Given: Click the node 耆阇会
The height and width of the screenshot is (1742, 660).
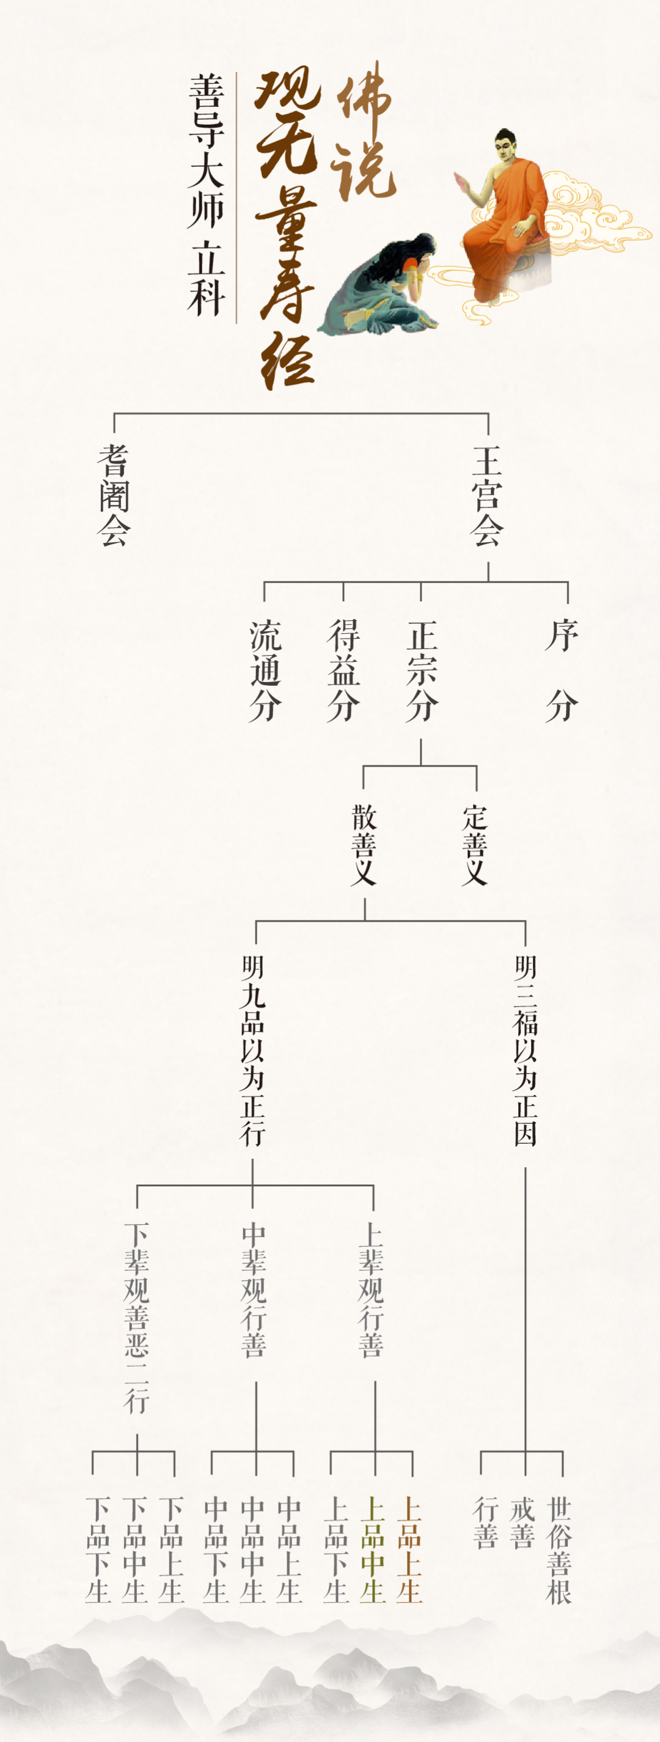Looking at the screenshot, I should click(114, 495).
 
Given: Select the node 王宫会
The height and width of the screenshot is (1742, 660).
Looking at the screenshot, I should click(487, 495).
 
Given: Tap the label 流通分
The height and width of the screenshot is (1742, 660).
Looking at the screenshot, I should click(265, 671).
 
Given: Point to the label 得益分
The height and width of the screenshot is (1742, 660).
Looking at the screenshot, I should click(343, 671).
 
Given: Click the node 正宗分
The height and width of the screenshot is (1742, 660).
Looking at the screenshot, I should click(421, 671).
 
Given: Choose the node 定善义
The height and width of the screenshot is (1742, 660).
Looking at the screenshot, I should click(475, 845).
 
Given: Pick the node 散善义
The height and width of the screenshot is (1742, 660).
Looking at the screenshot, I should click(364, 845).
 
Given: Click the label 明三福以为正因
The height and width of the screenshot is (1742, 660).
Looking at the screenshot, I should click(526, 1051).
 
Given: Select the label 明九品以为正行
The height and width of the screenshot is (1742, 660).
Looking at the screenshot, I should click(252, 1051).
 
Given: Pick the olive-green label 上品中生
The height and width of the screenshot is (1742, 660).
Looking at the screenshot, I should click(373, 1549).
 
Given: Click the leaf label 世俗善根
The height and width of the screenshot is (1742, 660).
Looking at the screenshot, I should click(559, 1549).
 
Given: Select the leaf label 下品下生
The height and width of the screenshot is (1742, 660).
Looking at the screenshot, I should click(98, 1549).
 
